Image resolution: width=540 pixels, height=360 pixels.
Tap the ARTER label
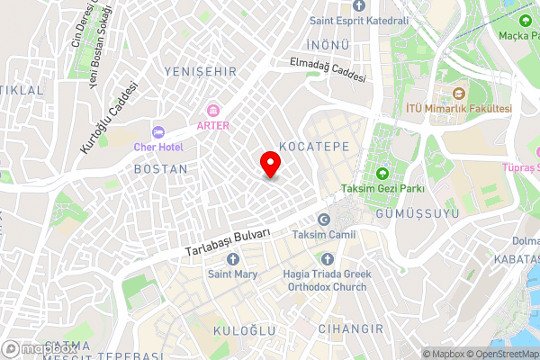213,125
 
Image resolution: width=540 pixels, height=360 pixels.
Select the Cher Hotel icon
158,132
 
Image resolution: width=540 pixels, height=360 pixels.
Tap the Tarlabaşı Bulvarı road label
228,245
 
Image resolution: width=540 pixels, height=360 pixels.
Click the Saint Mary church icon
233,259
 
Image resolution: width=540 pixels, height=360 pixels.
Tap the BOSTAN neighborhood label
160,168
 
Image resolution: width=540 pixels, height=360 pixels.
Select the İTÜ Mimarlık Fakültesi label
459,108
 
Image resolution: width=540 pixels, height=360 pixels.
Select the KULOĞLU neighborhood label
243,331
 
